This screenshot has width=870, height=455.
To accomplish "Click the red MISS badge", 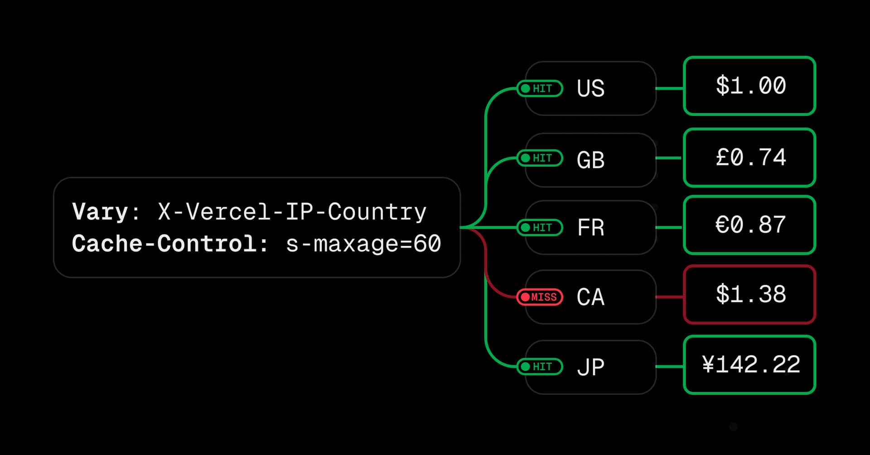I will [540, 297].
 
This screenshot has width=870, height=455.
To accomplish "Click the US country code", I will [590, 88].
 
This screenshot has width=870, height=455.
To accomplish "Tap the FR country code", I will [590, 227].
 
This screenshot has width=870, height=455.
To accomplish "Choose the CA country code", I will [590, 297].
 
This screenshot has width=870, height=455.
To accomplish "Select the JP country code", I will [590, 367].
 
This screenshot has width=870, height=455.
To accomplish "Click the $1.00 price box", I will [749, 86].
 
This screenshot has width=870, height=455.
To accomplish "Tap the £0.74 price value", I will [750, 158].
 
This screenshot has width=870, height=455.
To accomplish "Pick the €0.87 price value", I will [750, 225].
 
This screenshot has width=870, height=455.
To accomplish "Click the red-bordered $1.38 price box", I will [749, 295].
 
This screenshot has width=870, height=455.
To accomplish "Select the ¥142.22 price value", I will [751, 364].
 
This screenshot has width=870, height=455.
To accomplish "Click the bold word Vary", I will [100, 212].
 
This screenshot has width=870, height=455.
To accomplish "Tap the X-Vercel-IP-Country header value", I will [292, 212].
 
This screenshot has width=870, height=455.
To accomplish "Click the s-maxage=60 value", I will [363, 244].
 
